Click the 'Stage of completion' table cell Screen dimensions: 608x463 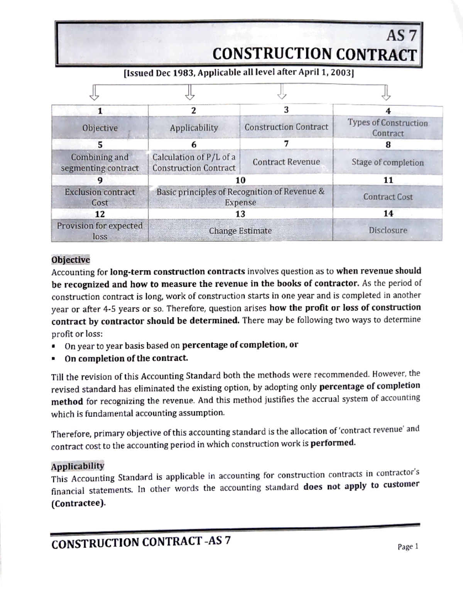click(x=387, y=163)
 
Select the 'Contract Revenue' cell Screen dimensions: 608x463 click(x=286, y=162)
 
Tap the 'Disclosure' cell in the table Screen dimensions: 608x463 click(x=387, y=230)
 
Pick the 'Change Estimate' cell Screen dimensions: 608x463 click(x=240, y=231)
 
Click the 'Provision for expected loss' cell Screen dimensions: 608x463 click(x=100, y=231)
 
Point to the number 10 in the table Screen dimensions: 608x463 click(x=240, y=180)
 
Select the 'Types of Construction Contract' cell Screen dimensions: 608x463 click(x=387, y=128)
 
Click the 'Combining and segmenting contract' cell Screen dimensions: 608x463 click(x=100, y=163)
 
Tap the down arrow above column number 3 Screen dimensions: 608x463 click(x=282, y=92)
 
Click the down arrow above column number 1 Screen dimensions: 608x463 click(x=94, y=92)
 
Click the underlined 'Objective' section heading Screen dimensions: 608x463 click(x=71, y=260)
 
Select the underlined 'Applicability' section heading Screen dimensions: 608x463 click(x=78, y=466)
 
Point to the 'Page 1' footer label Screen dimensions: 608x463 click(x=408, y=547)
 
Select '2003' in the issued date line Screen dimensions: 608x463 click(x=342, y=73)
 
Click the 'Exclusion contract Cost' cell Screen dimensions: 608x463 click(x=100, y=197)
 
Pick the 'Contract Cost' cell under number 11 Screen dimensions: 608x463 click(x=387, y=197)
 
